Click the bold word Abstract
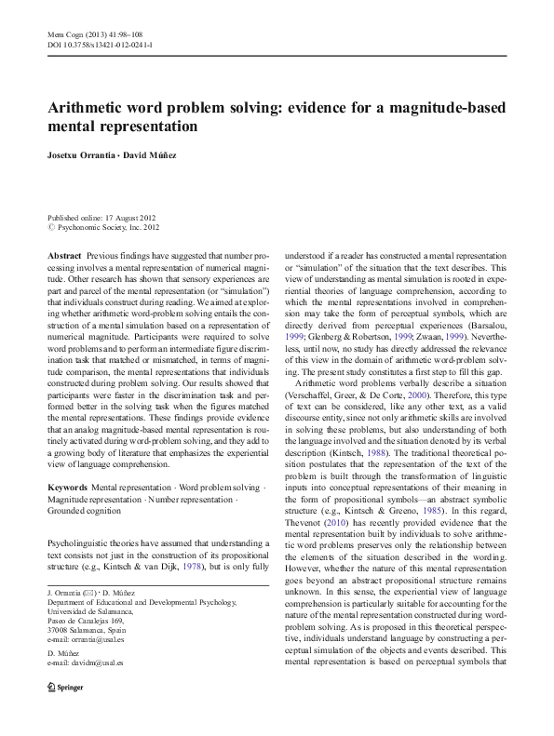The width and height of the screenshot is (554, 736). [x=63, y=254]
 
